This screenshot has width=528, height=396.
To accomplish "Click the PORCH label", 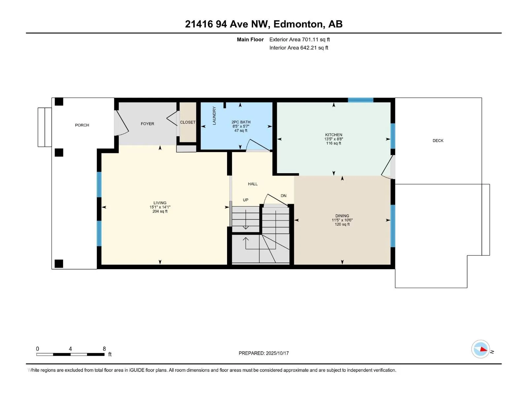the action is coord(82,125).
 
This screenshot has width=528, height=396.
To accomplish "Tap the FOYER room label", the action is coord(148,124).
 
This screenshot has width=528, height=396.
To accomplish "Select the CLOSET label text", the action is coord(188,122).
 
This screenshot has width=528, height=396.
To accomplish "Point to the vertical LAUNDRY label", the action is coord(214,115).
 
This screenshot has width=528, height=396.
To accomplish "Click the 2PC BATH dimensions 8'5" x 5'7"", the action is coord(241,126).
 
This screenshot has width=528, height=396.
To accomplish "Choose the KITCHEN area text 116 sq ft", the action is coord(334,143).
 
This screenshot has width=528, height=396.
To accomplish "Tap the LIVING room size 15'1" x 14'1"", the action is coord(160,207).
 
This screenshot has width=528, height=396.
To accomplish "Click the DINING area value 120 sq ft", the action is coord(342,224).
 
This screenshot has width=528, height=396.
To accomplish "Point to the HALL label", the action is coord(253,184).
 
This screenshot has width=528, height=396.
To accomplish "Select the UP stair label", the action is coord(246,200).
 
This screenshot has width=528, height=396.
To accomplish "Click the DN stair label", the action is coord(283,196).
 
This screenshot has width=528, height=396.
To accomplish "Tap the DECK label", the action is coord(438,141).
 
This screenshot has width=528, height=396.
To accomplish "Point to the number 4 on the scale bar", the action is coord(70,349).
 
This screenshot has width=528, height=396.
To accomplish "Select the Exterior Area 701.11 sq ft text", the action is coord(300,40).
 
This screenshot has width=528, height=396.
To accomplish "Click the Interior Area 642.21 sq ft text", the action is coord(299,48).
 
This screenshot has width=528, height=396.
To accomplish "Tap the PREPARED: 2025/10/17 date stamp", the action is coord(264,353).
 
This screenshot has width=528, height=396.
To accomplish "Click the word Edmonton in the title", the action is coord(298,24).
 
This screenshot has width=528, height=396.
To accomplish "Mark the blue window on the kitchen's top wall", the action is coord(361,100).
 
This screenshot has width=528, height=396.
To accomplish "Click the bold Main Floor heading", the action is coord(250,40).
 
